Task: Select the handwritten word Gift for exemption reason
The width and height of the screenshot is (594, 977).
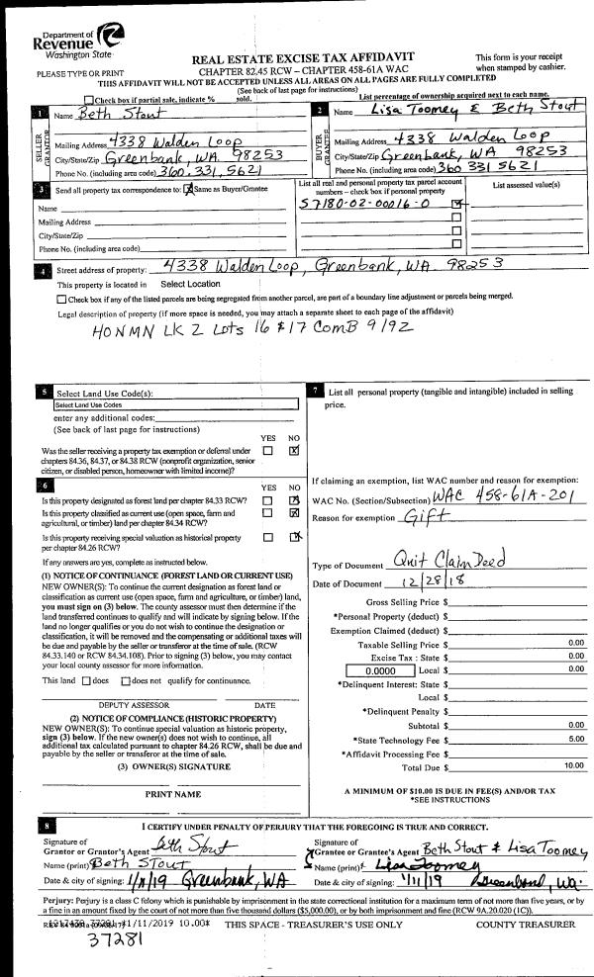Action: (418, 517)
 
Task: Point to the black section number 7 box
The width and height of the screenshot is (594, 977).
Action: (315, 392)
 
